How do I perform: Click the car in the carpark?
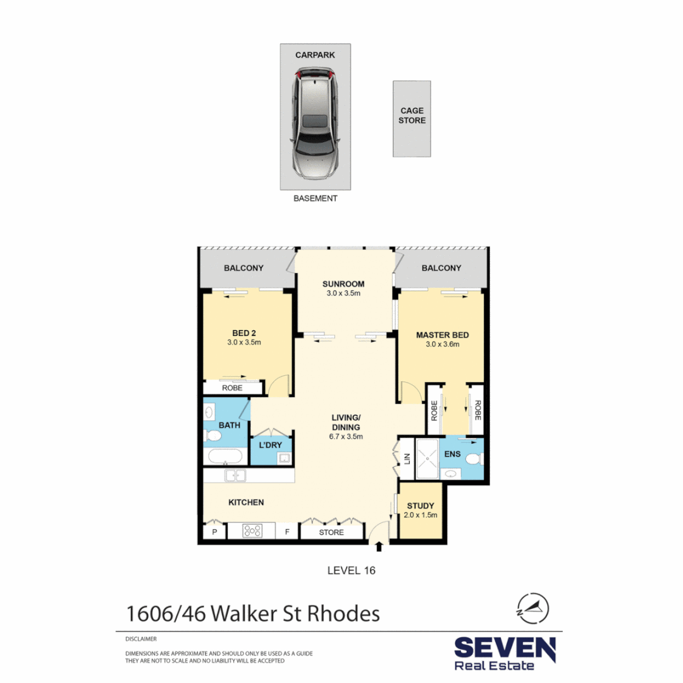click(x=315, y=125)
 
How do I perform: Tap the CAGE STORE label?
click(x=412, y=116)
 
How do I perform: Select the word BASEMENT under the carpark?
click(x=316, y=198)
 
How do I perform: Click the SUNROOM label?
click(x=343, y=284)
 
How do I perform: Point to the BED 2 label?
click(x=243, y=333)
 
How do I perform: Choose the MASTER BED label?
click(x=442, y=335)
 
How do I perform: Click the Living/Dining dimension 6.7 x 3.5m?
click(x=347, y=436)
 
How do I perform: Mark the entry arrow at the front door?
click(x=379, y=546)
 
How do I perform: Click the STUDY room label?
click(x=420, y=505)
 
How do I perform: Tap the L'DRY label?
click(x=271, y=445)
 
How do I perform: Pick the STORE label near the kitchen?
click(x=331, y=532)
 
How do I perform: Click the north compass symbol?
click(x=532, y=608)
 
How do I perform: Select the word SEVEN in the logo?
click(x=505, y=649)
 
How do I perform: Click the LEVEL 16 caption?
click(x=351, y=570)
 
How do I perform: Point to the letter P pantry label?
click(x=214, y=532)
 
